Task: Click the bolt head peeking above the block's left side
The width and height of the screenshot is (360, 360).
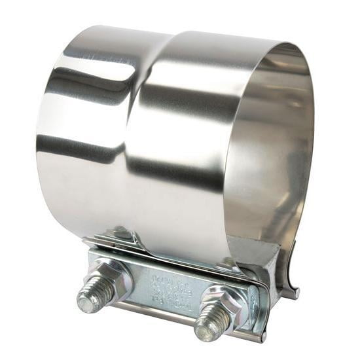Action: coord(121,232)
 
